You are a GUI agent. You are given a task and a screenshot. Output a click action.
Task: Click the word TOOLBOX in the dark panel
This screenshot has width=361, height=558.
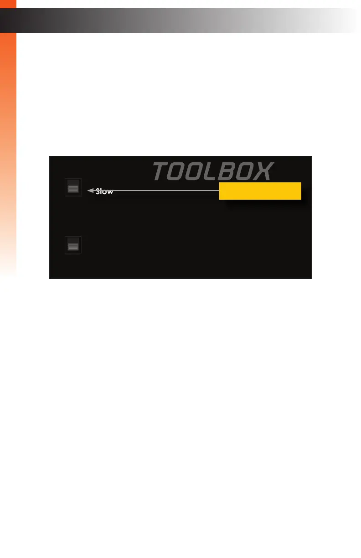(x=213, y=171)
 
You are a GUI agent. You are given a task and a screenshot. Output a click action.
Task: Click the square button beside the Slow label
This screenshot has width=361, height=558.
(x=73, y=187)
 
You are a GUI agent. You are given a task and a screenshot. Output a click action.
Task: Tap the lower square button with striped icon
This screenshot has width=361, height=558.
(x=73, y=245)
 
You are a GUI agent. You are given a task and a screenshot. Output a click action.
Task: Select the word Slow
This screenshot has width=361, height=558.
(x=104, y=192)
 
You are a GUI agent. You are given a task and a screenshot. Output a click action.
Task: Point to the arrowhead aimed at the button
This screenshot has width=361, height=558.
(x=90, y=190)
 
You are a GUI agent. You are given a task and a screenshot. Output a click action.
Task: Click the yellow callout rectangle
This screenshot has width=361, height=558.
(x=260, y=191)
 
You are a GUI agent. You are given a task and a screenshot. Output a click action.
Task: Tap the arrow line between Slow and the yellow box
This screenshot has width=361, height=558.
(x=164, y=190)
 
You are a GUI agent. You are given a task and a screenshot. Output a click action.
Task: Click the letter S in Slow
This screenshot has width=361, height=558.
(x=98, y=192)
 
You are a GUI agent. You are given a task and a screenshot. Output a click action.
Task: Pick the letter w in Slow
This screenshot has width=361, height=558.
(x=110, y=192)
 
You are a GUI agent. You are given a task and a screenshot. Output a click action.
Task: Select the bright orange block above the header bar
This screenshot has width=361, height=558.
(x=8, y=4)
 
